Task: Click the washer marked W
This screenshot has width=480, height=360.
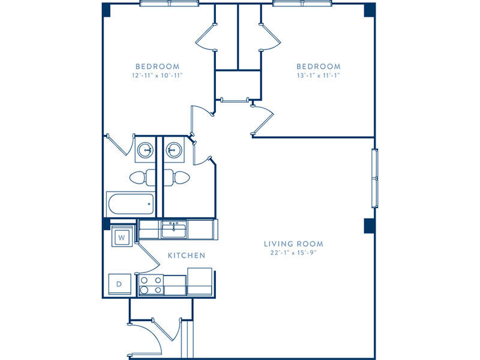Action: click(x=122, y=237)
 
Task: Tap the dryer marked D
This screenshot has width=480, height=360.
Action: click(x=119, y=284)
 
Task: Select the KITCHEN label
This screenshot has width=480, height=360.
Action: click(x=187, y=256)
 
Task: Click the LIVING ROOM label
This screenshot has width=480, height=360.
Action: click(x=293, y=244)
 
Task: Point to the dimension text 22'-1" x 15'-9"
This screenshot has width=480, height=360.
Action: click(x=293, y=253)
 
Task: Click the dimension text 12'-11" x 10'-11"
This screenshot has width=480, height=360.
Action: click(x=157, y=76)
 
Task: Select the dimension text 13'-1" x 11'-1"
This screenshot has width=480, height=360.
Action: click(x=319, y=76)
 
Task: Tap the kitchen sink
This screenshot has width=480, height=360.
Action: click(x=174, y=229)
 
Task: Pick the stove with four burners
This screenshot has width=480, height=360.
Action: click(x=151, y=285)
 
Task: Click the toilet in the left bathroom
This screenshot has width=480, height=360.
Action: click(x=142, y=178)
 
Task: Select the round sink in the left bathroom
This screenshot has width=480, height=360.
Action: click(x=145, y=151)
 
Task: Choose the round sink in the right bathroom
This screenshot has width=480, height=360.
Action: click(x=174, y=151)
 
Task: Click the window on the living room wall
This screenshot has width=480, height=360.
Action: click(x=374, y=178)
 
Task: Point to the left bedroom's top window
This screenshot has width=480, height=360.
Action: click(x=169, y=4)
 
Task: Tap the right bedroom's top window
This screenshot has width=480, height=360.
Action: click(x=303, y=4)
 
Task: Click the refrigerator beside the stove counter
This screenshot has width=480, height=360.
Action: click(x=200, y=281)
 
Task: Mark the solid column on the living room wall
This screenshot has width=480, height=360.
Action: click(x=369, y=226)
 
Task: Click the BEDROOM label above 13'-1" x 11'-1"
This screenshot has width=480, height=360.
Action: click(x=319, y=67)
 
